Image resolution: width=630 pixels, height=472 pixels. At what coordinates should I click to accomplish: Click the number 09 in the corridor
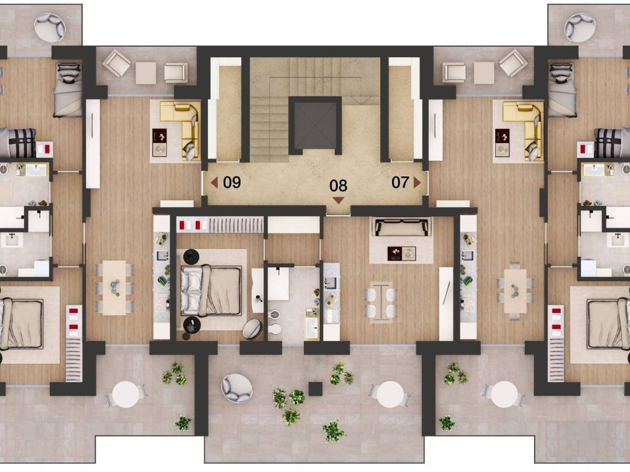[x=232, y=183]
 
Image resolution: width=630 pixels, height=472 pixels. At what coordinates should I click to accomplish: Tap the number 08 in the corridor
[x=338, y=186]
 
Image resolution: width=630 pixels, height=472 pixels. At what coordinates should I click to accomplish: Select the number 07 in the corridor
[x=400, y=183]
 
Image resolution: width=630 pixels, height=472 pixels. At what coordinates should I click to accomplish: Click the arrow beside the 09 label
[x=214, y=183]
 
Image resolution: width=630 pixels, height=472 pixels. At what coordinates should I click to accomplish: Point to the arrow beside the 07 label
[x=417, y=183]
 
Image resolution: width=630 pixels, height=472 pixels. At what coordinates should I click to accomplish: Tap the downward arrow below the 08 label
[x=339, y=200]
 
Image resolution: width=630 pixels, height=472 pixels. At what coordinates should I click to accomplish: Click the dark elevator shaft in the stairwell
[x=314, y=125]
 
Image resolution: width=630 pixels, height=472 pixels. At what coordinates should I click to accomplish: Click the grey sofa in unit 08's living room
[x=402, y=227]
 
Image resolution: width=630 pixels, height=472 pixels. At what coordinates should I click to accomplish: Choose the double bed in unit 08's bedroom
[x=212, y=290]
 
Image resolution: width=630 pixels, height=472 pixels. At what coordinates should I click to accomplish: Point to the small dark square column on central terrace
[x=316, y=388]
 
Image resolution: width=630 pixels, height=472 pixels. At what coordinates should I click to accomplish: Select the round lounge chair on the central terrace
[x=237, y=388]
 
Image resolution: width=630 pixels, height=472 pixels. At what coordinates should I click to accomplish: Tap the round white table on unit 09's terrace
[x=126, y=394]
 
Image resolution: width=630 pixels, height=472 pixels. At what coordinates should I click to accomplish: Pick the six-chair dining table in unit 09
[x=114, y=288]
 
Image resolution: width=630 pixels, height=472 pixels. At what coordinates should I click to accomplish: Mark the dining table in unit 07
[x=515, y=291]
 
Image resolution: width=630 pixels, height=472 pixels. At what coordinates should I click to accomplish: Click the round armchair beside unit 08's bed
[x=252, y=328]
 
